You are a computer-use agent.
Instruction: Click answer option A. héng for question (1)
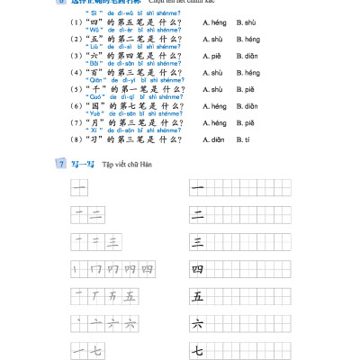point(214,22)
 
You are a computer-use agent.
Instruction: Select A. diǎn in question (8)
point(214,140)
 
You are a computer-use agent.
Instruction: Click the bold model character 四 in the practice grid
point(198,269)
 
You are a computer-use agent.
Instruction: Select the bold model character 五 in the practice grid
point(198,296)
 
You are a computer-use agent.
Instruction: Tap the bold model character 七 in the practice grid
point(198,350)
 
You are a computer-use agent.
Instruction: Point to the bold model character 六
point(198,323)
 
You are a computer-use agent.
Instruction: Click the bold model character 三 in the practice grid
point(198,242)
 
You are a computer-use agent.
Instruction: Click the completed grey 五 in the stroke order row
point(130,296)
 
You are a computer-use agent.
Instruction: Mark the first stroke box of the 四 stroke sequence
point(78,269)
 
